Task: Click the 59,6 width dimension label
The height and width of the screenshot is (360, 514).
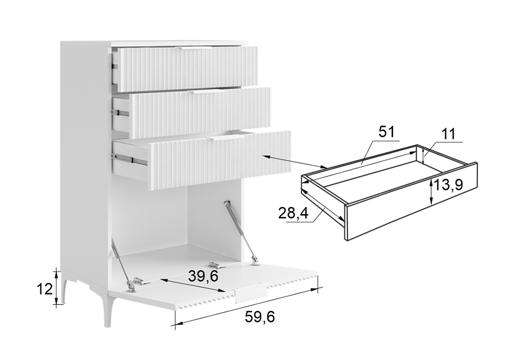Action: point(260,317)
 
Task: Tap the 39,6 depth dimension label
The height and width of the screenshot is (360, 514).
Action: point(203,276)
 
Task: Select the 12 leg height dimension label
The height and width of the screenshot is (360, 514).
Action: point(45,290)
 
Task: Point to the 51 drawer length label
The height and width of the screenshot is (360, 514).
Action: point(387,132)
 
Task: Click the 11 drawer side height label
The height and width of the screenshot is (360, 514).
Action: point(448,134)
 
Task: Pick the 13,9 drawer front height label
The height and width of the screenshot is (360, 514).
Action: point(448,185)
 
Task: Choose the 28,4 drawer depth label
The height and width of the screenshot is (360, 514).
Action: point(293,213)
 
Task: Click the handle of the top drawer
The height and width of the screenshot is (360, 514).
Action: point(193,48)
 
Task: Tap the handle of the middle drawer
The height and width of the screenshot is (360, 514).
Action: point(208,93)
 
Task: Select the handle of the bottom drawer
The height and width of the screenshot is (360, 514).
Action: point(228,139)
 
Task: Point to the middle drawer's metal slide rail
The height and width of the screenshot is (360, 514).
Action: point(120,112)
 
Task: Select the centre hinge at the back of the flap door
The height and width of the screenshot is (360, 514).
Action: point(215,264)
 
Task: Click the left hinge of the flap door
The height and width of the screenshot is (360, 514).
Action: point(137,282)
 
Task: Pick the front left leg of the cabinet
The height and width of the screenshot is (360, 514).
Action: point(107,309)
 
